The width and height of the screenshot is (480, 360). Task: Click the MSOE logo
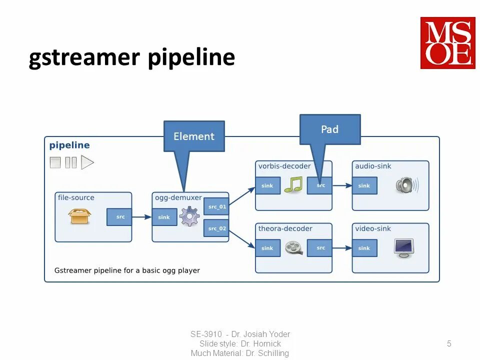click(x=447, y=42)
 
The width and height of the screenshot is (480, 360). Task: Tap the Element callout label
click(x=194, y=136)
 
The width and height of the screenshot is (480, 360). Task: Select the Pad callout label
click(x=329, y=129)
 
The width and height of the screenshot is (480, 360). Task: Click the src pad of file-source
click(x=120, y=217)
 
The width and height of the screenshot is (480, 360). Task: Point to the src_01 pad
click(x=216, y=206)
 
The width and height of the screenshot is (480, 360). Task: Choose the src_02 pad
click(x=216, y=228)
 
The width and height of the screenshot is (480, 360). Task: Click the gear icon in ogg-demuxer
click(x=189, y=217)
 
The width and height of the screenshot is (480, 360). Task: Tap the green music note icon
click(x=293, y=184)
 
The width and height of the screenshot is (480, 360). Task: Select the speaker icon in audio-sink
click(x=406, y=185)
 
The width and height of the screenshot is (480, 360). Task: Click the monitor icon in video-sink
click(x=403, y=247)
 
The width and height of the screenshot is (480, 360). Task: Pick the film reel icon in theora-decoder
click(x=293, y=247)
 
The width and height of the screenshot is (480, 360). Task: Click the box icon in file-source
click(x=80, y=216)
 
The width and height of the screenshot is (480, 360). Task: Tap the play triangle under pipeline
click(x=87, y=162)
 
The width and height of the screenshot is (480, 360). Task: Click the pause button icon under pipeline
click(x=71, y=162)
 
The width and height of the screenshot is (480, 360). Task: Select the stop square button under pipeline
click(x=55, y=162)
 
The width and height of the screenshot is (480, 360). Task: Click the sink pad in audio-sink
click(x=364, y=185)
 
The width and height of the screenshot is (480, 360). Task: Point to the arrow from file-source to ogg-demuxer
click(x=142, y=217)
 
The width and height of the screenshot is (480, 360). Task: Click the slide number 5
click(x=449, y=343)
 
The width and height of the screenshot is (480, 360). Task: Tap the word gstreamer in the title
click(x=84, y=58)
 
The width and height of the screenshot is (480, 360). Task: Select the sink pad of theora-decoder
click(x=267, y=248)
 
